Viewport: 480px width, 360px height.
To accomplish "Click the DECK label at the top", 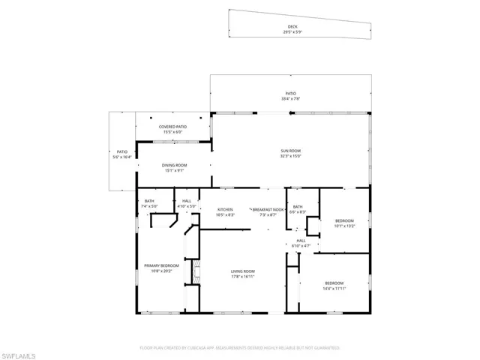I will (x=292, y=26).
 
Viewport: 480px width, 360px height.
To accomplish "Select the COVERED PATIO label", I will (x=172, y=127).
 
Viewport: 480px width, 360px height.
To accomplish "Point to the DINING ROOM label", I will (x=174, y=165).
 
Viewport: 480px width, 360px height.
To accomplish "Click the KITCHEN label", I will (x=225, y=209).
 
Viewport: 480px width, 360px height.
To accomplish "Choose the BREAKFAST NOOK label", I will (x=268, y=209).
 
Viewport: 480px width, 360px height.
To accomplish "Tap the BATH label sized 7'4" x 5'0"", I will (x=149, y=200).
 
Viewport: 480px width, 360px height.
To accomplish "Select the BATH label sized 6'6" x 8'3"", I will (x=298, y=207).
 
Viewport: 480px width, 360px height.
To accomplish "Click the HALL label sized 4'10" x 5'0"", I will (x=186, y=200).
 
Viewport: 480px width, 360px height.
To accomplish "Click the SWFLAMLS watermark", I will (x=22, y=352).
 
